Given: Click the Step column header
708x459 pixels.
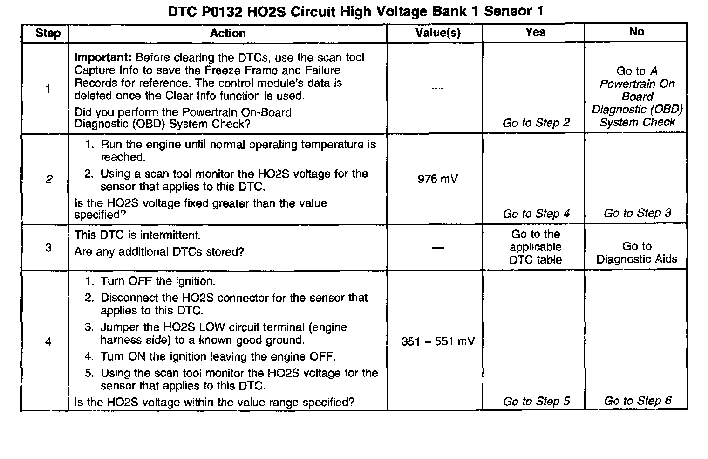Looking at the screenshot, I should coord(48,33).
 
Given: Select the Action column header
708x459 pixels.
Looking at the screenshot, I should coord(228,33).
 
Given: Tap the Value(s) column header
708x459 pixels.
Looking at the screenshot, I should coord(438,33).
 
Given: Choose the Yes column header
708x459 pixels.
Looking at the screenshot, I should coord(535,32).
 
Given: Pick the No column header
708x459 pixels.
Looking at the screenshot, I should coord(636,31).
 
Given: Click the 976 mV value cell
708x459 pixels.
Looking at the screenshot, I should coord(438,179).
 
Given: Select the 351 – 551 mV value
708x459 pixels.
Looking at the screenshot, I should coord(438,341).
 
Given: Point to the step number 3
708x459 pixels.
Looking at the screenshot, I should coord(48,247).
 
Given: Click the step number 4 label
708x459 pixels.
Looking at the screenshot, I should coord(48,342).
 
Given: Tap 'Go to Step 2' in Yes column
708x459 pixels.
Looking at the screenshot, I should coord(536,123).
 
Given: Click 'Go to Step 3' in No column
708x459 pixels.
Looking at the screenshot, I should coord(637,213).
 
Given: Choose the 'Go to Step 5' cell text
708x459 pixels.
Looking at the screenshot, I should coord(536,402).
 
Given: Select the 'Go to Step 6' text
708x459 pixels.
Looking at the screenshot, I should coord(637,401).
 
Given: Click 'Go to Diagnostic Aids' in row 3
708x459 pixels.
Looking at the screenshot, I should coord(637,253).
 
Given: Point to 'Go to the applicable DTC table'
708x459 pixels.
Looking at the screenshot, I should coord(536,247).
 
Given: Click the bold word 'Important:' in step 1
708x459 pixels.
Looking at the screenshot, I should coord(103,58).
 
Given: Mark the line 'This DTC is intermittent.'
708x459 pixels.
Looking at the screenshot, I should coord(137,235).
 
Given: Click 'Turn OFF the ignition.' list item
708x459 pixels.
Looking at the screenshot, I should coord(157,281).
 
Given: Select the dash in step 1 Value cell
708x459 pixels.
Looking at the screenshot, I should coord(438,89).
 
